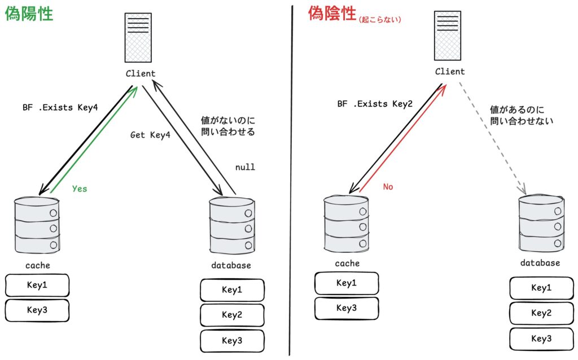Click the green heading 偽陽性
point(29,14)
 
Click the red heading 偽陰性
point(332,13)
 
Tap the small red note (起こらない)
point(379,20)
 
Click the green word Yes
point(80,188)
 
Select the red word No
point(388,187)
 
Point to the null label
point(245,167)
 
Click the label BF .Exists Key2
point(375,104)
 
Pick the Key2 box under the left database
point(232,315)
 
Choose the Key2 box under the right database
point(541,313)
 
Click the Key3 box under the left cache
point(37,310)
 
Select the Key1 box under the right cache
point(347,283)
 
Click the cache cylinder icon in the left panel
point(37,225)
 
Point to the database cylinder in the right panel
point(541,223)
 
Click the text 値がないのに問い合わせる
point(228,126)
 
